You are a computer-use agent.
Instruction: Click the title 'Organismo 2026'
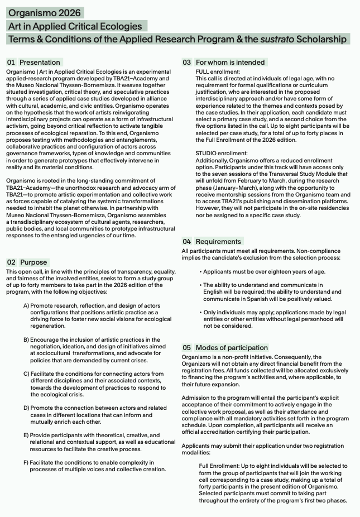point(45,13)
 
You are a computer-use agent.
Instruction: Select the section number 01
point(11,62)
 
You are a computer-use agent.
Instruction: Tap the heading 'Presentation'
point(40,62)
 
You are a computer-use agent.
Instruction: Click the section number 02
point(11,262)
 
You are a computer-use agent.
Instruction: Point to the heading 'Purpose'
point(33,262)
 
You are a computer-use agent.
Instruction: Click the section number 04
point(186,241)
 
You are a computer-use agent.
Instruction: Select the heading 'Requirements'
point(218,241)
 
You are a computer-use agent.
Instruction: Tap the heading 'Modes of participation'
point(232,347)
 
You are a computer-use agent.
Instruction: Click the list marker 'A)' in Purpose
point(26,306)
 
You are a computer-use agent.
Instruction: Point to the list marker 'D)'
point(26,408)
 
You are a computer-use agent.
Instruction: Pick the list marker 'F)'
point(26,462)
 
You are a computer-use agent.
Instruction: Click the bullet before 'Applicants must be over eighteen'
point(200,271)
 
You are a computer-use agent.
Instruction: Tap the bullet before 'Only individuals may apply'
point(200,312)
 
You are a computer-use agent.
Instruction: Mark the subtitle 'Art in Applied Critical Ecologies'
point(75,26)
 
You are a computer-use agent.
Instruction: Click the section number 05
point(186,347)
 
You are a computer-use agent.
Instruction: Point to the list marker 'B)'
point(26,340)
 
